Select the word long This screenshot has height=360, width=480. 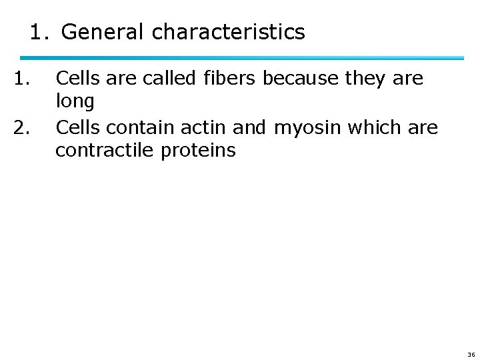75,102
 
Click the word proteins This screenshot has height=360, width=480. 198,151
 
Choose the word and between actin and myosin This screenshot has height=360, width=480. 249,126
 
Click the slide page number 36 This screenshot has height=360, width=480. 471,354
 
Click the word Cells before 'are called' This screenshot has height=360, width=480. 76,79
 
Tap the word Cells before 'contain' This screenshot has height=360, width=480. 76,126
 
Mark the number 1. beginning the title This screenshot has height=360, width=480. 41,31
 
